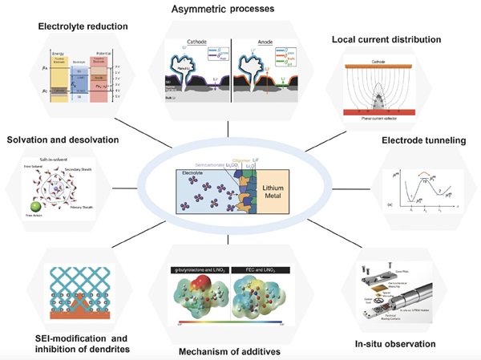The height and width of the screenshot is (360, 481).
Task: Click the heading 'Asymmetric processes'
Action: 240,10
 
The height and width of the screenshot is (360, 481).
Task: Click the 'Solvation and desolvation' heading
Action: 63,140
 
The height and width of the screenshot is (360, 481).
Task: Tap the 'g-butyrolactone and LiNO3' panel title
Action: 196,273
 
